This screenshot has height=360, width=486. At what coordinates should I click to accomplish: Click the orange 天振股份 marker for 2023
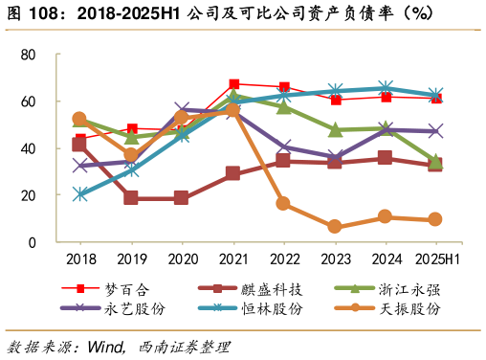point(334,227)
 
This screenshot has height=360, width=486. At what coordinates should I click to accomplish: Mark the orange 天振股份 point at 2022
point(283,204)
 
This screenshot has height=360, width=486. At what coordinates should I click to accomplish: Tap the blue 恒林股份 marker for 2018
point(79,194)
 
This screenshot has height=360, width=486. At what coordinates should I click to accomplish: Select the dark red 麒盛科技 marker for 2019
point(130,198)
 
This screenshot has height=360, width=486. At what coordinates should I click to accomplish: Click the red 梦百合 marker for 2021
point(233,84)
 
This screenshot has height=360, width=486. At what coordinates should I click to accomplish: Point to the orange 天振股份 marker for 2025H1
point(435,219)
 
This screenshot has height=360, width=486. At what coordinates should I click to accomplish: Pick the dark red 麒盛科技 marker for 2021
point(232,173)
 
